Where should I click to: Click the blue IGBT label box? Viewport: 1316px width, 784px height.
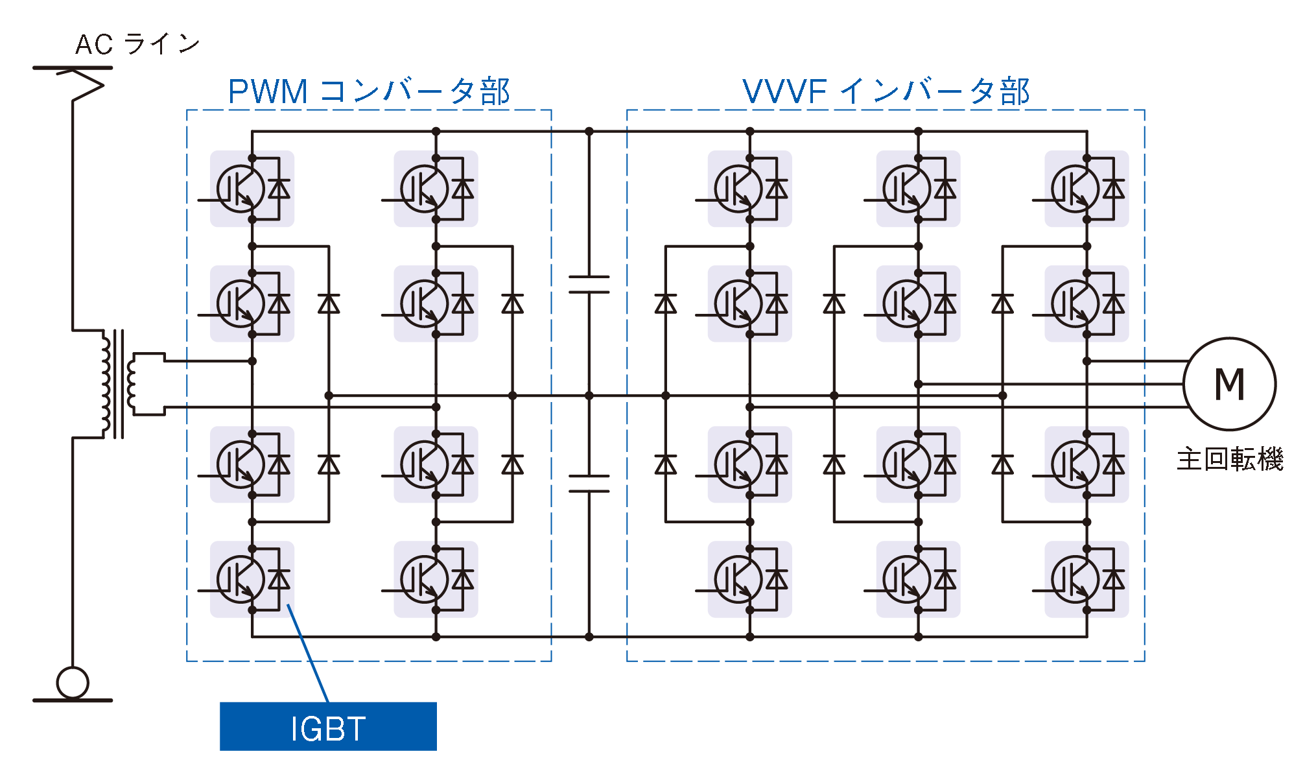(328, 726)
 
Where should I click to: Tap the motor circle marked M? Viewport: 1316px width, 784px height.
(1229, 384)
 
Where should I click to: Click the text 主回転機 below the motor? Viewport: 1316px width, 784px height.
(1230, 459)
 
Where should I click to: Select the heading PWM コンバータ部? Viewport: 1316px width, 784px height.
(369, 91)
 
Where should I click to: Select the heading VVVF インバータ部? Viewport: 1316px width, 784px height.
(886, 91)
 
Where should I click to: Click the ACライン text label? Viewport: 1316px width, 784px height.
(137, 44)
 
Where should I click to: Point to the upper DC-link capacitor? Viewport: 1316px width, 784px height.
(589, 284)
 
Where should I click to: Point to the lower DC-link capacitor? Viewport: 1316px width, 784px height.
(589, 483)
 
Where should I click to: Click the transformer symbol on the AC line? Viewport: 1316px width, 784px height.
(117, 384)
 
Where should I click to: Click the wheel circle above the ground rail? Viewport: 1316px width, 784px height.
(73, 682)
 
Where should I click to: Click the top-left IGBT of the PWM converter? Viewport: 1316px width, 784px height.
(252, 189)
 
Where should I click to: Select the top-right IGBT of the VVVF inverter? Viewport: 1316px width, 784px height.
(1086, 189)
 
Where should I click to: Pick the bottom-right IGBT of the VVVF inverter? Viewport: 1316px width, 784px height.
(1086, 579)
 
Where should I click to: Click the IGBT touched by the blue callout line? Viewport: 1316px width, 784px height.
(252, 579)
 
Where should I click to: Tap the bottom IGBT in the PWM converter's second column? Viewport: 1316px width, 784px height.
(435, 579)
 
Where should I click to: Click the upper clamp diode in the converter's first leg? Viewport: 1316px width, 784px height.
(329, 303)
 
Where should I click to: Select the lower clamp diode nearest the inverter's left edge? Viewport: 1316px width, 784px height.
(666, 464)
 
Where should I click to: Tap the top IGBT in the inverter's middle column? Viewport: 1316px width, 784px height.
(917, 189)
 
